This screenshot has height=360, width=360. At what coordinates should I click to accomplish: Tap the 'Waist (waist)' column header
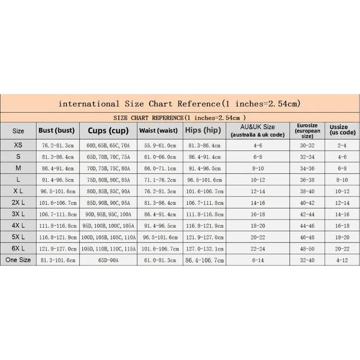coord(161,131)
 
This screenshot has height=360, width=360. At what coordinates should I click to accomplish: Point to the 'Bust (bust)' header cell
coord(56,131)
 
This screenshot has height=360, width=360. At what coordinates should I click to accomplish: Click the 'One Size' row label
coord(18,260)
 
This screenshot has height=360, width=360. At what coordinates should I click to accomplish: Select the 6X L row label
coord(18,248)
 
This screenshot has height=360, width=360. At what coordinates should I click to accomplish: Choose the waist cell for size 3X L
coord(161,214)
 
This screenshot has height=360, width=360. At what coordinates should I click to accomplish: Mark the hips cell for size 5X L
coord(204,237)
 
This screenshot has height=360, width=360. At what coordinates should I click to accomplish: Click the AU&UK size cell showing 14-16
coord(258,202)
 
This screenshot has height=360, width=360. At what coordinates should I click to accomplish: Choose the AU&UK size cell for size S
coord(258,157)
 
